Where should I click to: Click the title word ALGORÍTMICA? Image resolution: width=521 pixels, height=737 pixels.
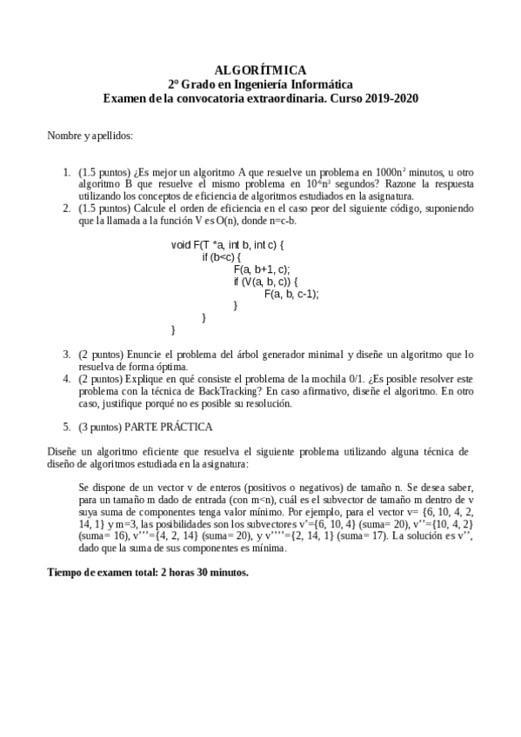click(x=260, y=70)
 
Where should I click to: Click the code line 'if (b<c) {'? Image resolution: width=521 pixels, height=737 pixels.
click(x=221, y=257)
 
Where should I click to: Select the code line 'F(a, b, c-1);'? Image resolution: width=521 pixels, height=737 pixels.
click(x=291, y=294)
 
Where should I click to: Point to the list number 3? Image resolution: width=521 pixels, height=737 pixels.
click(x=66, y=354)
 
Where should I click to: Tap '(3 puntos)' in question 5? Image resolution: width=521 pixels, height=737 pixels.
click(x=99, y=427)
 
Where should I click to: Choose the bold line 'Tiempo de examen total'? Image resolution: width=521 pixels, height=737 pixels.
click(x=148, y=573)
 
